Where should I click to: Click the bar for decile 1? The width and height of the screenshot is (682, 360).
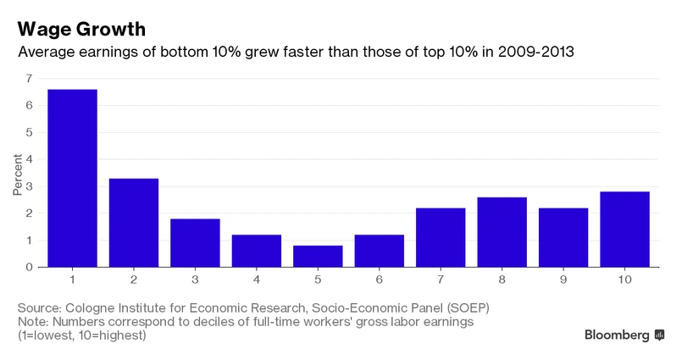[72, 178]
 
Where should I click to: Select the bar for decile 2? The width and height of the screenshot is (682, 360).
[134, 223]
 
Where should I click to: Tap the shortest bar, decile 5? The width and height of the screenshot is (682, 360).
[318, 256]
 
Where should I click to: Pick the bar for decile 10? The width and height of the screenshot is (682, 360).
[624, 229]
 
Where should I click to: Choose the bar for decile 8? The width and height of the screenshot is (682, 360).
[502, 232]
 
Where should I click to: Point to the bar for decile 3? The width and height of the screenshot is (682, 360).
[195, 242]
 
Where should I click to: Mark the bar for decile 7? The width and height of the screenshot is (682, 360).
[441, 237]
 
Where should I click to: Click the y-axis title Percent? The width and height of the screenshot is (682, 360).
[17, 174]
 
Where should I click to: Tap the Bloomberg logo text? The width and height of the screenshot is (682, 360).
[618, 335]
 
